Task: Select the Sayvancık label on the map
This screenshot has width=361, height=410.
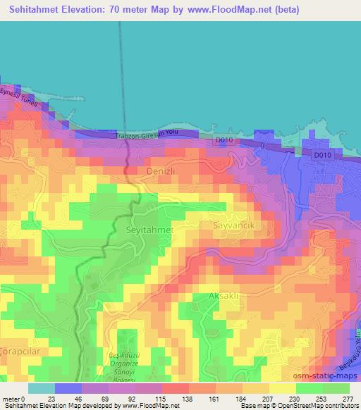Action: coord(233,225)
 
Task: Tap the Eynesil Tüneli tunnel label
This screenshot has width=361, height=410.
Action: coord(20,99)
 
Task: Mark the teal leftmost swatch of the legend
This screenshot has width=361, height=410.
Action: coord(41,388)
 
